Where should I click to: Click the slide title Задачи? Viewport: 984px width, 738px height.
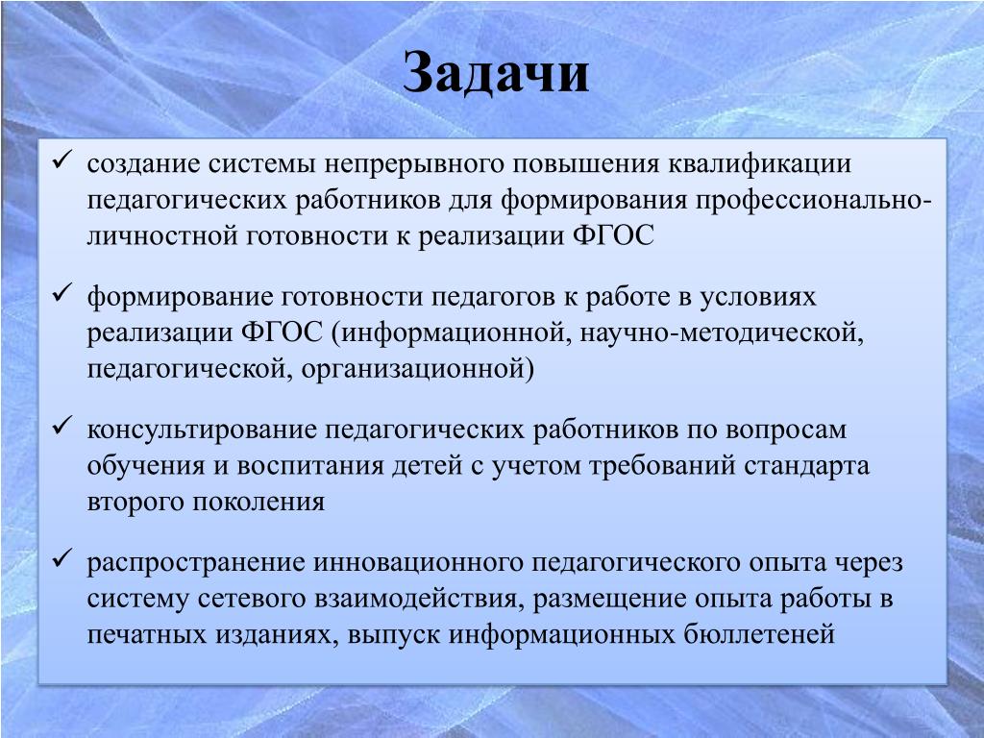pyautogui.click(x=496, y=73)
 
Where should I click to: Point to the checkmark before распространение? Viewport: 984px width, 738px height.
pyautogui.click(x=62, y=558)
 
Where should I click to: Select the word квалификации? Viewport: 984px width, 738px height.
pyautogui.click(x=759, y=165)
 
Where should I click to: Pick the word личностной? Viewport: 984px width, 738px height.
pyautogui.click(x=161, y=236)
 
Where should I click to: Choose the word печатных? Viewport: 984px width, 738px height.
pyautogui.click(x=147, y=635)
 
